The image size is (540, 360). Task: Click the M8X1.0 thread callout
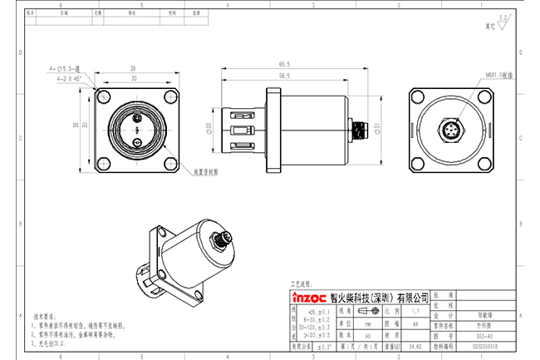(x=476, y=75)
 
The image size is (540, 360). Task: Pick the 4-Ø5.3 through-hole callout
(x=65, y=70)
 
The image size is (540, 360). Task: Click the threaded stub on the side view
(x=360, y=131)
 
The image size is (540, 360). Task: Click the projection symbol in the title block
(x=366, y=307)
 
